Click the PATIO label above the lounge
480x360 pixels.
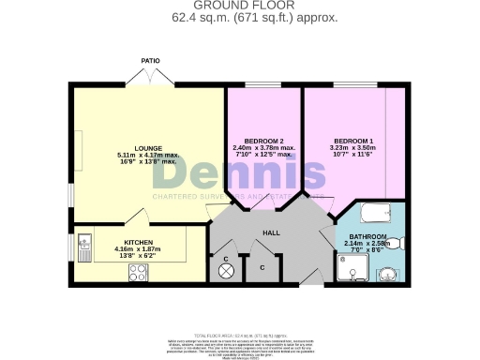[149, 61]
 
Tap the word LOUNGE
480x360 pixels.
[148, 147]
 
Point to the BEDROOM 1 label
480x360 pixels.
[353, 140]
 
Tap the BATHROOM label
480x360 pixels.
[367, 237]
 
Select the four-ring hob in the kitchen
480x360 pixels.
[138, 273]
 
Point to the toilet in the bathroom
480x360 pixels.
[397, 244]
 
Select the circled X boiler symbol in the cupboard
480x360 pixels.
[226, 271]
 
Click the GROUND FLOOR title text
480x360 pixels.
[240, 6]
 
